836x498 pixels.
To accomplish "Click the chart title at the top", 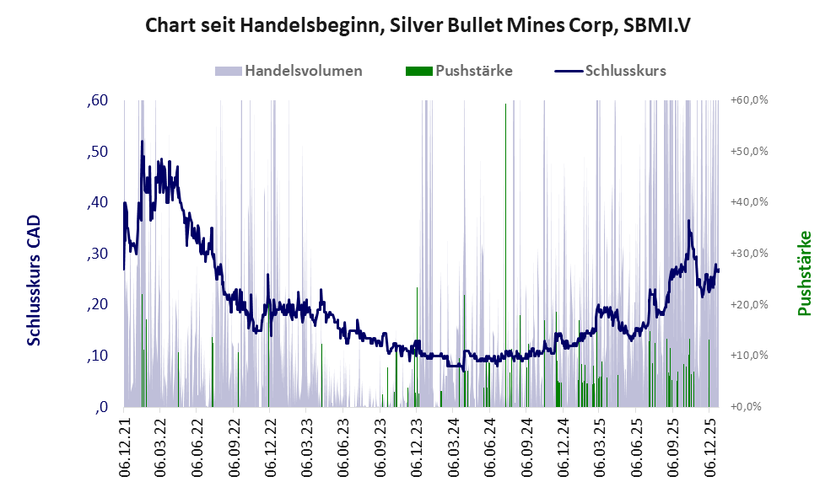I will click(x=418, y=25).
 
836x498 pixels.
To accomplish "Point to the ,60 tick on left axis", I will click(x=98, y=101).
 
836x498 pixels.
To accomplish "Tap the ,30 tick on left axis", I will click(x=98, y=254).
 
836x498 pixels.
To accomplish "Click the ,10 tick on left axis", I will click(x=98, y=356).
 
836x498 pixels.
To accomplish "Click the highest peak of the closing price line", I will click(x=143, y=142).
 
